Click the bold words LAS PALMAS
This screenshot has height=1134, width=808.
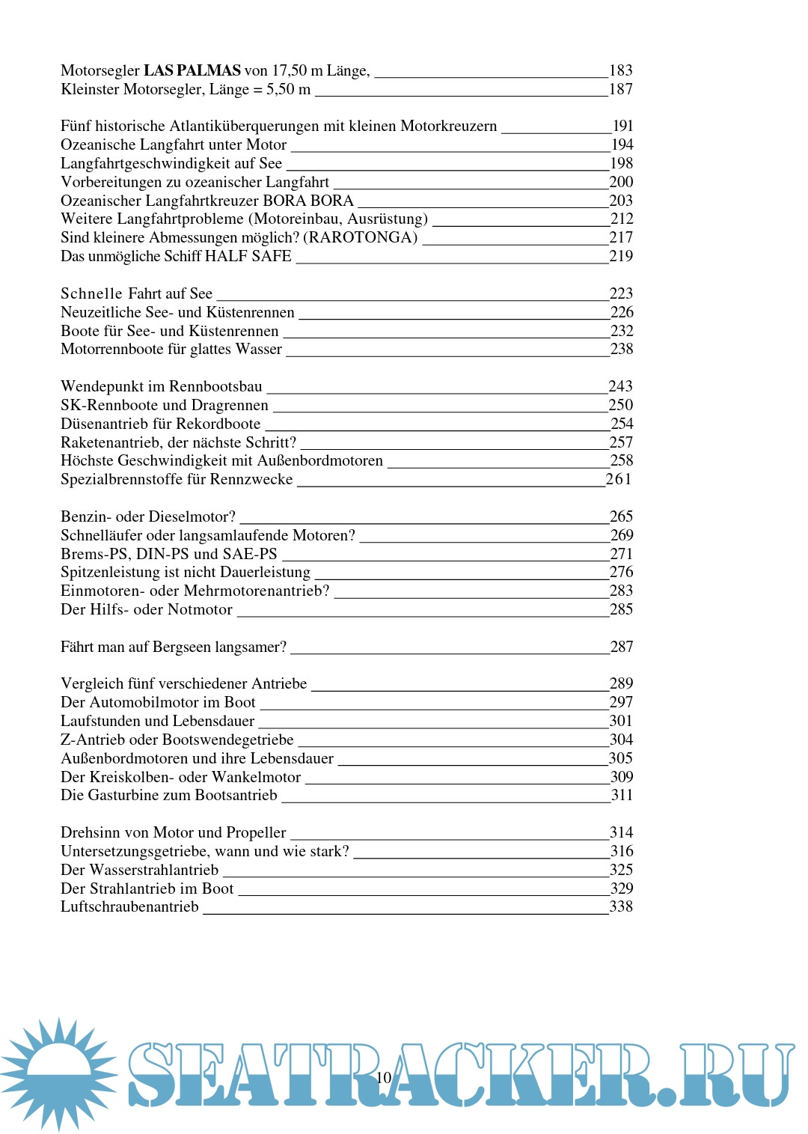192,71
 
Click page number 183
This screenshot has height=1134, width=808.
621,71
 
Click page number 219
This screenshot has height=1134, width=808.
621,256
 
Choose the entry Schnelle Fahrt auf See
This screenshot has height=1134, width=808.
136,293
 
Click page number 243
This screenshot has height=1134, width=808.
620,386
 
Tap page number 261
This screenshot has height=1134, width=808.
619,479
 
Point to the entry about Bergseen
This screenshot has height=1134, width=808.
174,647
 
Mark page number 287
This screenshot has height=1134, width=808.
622,647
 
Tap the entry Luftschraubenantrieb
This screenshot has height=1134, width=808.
129,907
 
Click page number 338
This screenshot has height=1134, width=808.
621,907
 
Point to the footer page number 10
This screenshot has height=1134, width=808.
384,1078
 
